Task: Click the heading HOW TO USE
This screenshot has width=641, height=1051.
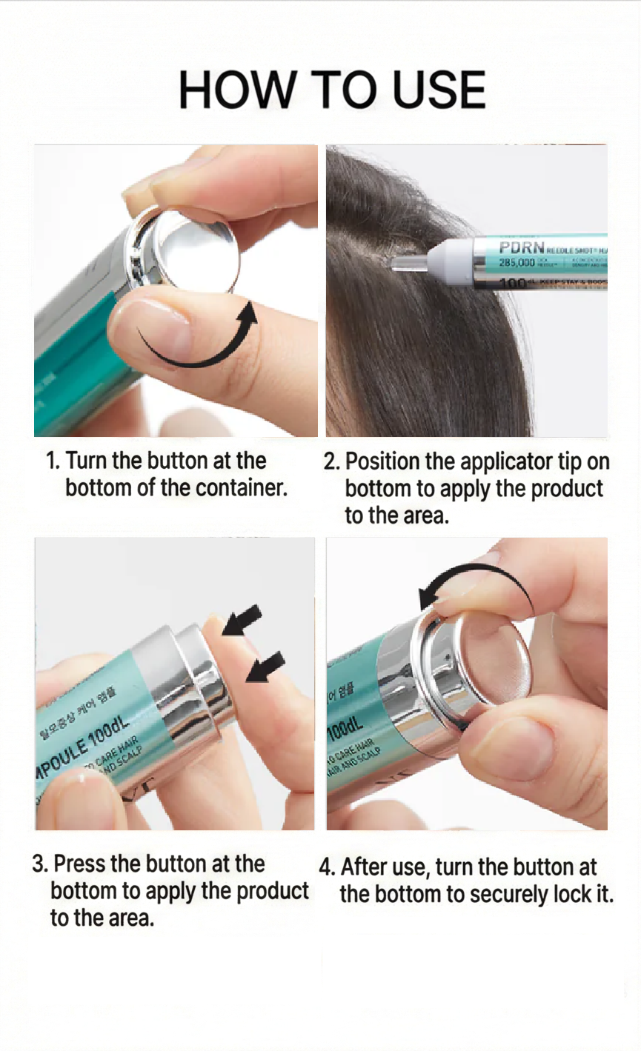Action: [x=332, y=90]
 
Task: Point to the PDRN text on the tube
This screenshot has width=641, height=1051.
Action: [x=522, y=247]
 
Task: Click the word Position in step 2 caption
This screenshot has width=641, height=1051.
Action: [x=382, y=462]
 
